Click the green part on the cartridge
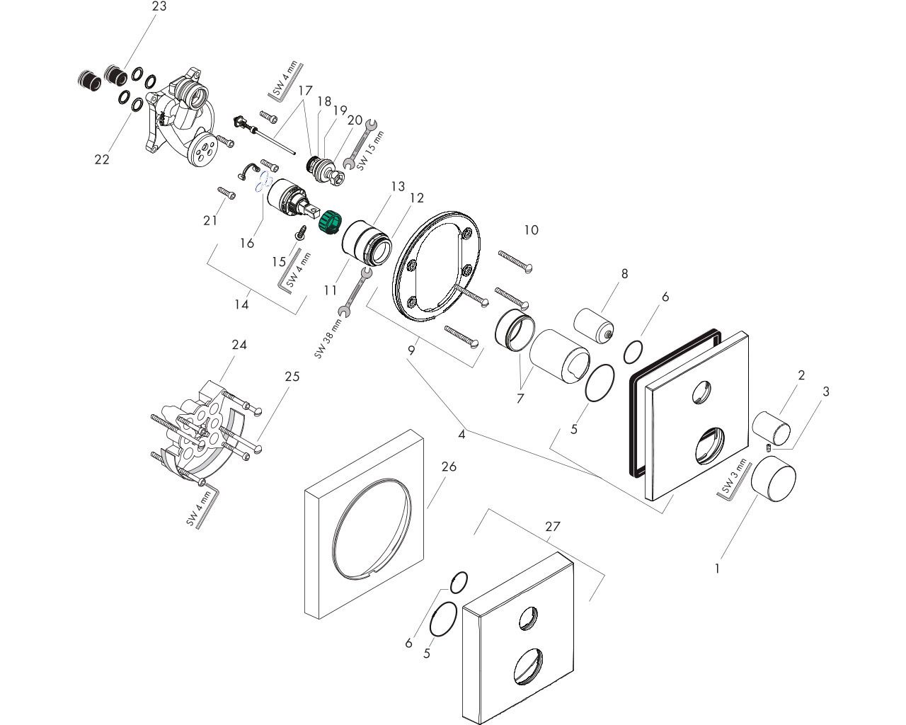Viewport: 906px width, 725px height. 328,221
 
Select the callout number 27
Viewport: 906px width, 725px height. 552,526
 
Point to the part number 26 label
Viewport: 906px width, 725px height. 449,467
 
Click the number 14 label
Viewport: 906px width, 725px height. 242,304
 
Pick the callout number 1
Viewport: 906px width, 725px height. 717,568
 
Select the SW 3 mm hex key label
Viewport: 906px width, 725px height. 735,476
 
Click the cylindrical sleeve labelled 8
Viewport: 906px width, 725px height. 594,324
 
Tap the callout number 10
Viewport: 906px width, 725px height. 531,230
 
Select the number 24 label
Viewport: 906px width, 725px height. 239,345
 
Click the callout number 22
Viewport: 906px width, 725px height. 102,159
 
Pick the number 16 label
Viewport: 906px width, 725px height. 246,243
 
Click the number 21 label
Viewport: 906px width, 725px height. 210,221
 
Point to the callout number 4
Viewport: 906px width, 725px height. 461,434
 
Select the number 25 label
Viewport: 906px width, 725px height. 292,377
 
